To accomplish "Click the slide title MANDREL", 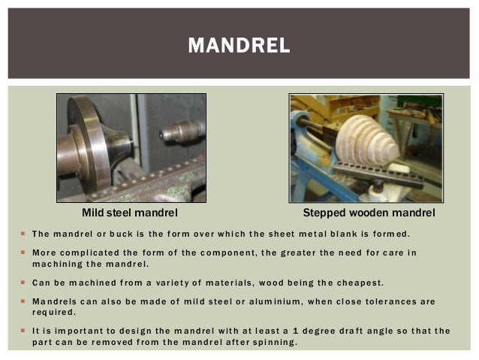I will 239,46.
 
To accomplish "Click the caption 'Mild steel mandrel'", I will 130,214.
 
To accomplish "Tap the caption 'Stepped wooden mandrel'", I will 369,214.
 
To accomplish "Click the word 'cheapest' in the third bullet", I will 357,283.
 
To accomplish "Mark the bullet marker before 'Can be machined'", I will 23,283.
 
